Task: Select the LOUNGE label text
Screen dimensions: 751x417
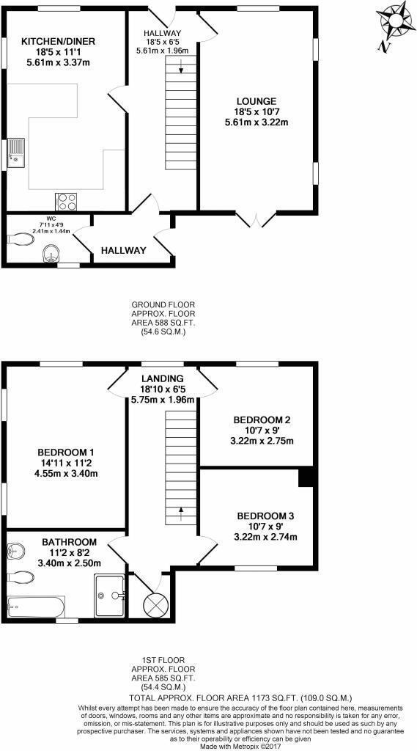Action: (256, 101)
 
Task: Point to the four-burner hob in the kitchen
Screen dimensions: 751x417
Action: (66, 200)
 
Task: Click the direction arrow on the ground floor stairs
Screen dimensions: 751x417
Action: (180, 69)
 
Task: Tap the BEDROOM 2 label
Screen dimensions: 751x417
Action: (262, 420)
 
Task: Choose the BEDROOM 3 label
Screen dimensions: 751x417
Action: (265, 516)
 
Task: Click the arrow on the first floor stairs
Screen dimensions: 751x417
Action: (180, 510)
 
